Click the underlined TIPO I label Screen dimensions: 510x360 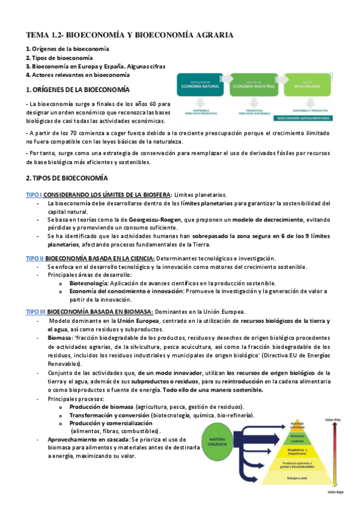coord(34,194)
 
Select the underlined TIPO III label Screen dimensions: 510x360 coord(35,312)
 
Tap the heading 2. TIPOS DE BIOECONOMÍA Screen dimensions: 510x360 coord(67,179)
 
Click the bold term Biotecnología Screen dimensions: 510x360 coord(89,283)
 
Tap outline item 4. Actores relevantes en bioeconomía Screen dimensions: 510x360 coord(78,75)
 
